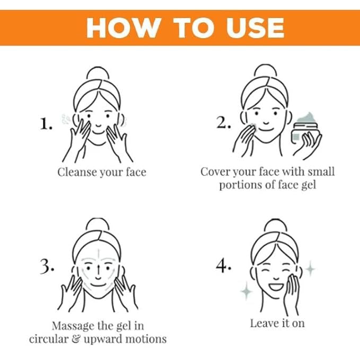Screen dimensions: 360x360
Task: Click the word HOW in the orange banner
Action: [124, 28]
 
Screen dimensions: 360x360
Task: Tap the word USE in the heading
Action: [255, 28]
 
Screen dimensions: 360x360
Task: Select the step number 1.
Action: [46, 124]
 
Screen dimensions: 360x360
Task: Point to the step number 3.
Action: [47, 266]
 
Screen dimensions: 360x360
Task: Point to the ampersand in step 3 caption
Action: [76, 339]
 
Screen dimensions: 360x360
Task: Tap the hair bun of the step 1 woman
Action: [98, 73]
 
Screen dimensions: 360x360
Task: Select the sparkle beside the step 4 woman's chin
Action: [247, 291]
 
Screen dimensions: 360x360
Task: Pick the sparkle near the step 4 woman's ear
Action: [310, 269]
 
